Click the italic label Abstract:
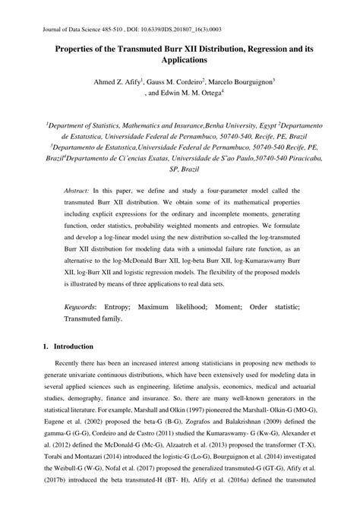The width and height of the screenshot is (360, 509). click(77, 191)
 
